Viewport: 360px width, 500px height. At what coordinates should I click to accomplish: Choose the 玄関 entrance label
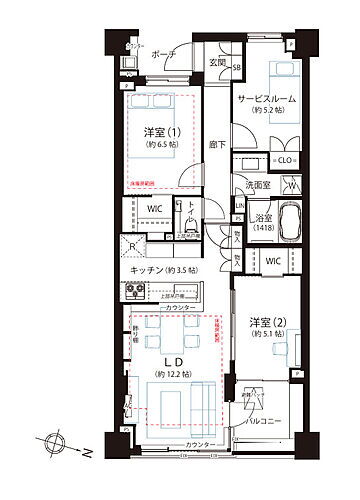217,67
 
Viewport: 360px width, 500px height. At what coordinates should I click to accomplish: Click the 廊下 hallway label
217,144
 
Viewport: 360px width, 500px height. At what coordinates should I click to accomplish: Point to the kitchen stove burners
138,291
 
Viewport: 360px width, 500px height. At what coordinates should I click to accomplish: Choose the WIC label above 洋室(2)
272,260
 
